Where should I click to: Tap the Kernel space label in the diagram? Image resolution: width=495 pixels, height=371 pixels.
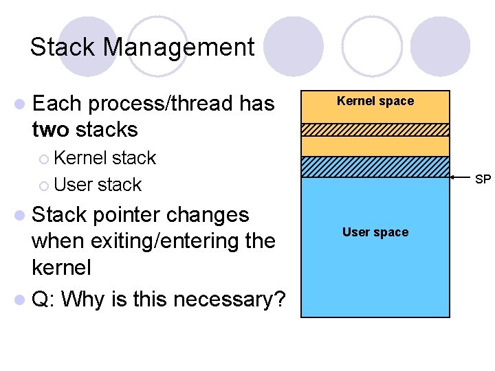click(x=375, y=101)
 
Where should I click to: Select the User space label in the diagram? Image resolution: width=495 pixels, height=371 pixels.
click(x=375, y=232)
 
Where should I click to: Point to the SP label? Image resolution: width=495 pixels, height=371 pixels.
click(x=483, y=179)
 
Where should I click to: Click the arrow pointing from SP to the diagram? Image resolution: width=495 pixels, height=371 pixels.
click(x=462, y=178)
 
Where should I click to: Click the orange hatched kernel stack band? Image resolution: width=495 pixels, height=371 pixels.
click(x=375, y=130)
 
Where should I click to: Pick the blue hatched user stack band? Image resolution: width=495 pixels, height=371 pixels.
click(x=375, y=167)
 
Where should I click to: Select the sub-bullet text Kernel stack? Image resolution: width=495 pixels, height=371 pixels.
click(x=104, y=157)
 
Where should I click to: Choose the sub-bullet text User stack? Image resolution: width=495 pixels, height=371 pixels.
click(x=97, y=184)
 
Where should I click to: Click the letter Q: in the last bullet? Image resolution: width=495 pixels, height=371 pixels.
click(x=45, y=300)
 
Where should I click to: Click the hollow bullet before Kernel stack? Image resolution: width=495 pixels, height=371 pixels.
click(x=45, y=158)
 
